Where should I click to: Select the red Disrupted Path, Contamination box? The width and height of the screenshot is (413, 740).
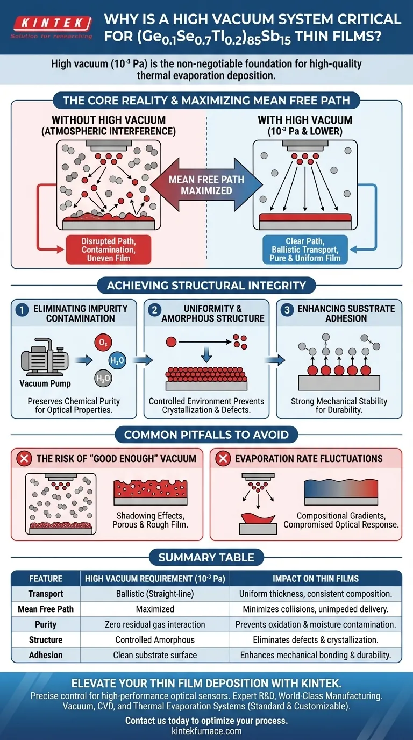tap(108, 249)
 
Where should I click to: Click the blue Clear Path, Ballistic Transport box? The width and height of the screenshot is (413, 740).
tap(304, 249)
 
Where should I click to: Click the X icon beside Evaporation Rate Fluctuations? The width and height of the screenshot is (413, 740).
tap(222, 459)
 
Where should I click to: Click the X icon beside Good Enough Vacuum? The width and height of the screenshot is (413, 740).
tap(23, 459)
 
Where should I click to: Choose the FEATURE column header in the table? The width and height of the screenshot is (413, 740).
tap(46, 579)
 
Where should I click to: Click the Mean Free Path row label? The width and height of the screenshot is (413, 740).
tap(46, 609)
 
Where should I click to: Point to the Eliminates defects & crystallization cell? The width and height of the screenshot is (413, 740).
tap(316, 640)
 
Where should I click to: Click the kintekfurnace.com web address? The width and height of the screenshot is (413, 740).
tap(206, 731)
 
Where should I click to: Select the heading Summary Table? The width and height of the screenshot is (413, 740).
tap(206, 558)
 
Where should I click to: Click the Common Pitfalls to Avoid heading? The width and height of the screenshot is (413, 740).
tap(206, 435)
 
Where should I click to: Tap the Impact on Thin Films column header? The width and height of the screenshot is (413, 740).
tap(316, 579)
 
